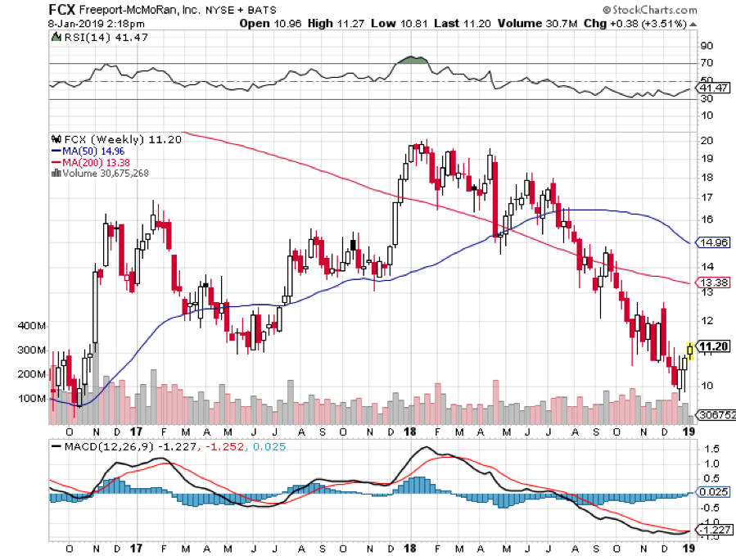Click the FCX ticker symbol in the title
pos(64,10)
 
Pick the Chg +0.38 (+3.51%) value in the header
pos(656,23)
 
